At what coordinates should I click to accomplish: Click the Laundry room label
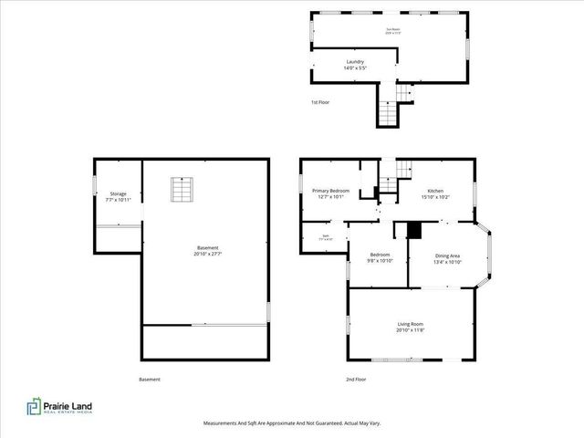click(x=355, y=62)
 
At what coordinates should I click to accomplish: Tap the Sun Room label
click(x=393, y=30)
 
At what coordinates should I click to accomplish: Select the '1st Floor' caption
click(x=319, y=102)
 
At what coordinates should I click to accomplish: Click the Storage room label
click(x=119, y=193)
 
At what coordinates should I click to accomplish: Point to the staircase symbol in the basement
click(x=182, y=189)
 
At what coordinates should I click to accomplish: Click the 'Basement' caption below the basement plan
click(x=150, y=380)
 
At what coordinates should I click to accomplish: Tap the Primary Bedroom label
click(x=333, y=190)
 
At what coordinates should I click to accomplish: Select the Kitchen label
click(x=436, y=190)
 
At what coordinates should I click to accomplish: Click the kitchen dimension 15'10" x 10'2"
click(x=436, y=196)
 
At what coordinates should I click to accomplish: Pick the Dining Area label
click(x=447, y=255)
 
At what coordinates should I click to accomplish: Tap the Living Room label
click(x=410, y=324)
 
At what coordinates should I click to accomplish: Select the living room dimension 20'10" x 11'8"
click(x=410, y=330)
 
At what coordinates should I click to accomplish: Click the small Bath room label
click(x=324, y=235)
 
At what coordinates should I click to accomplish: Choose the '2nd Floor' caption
click(x=355, y=380)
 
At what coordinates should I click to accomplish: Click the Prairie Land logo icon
click(x=34, y=407)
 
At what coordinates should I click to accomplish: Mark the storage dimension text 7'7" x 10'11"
click(x=119, y=200)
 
